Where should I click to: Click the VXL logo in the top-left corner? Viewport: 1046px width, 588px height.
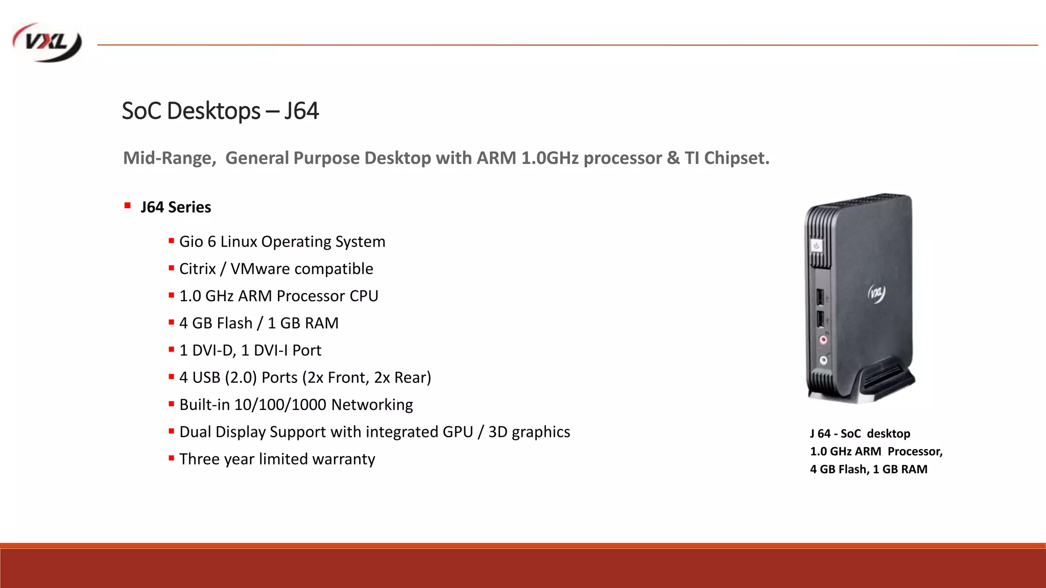[47, 43]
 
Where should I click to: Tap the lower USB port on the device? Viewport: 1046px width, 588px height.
[820, 319]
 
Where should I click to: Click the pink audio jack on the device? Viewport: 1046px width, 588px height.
[823, 340]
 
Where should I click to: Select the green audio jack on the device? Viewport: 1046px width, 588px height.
[823, 360]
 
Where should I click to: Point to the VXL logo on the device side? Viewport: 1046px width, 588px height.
[876, 293]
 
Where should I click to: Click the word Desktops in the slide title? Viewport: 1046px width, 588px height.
[213, 111]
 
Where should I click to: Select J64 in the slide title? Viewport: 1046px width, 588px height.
[301, 111]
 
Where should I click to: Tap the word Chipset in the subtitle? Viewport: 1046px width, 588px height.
[736, 158]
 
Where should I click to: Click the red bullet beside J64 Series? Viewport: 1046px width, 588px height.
[127, 206]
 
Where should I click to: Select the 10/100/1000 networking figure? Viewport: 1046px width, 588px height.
[280, 405]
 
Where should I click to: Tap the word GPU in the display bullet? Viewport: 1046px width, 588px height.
[458, 432]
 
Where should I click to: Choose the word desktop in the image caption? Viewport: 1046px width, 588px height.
[888, 434]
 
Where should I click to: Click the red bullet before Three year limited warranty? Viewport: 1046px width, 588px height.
[171, 458]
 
